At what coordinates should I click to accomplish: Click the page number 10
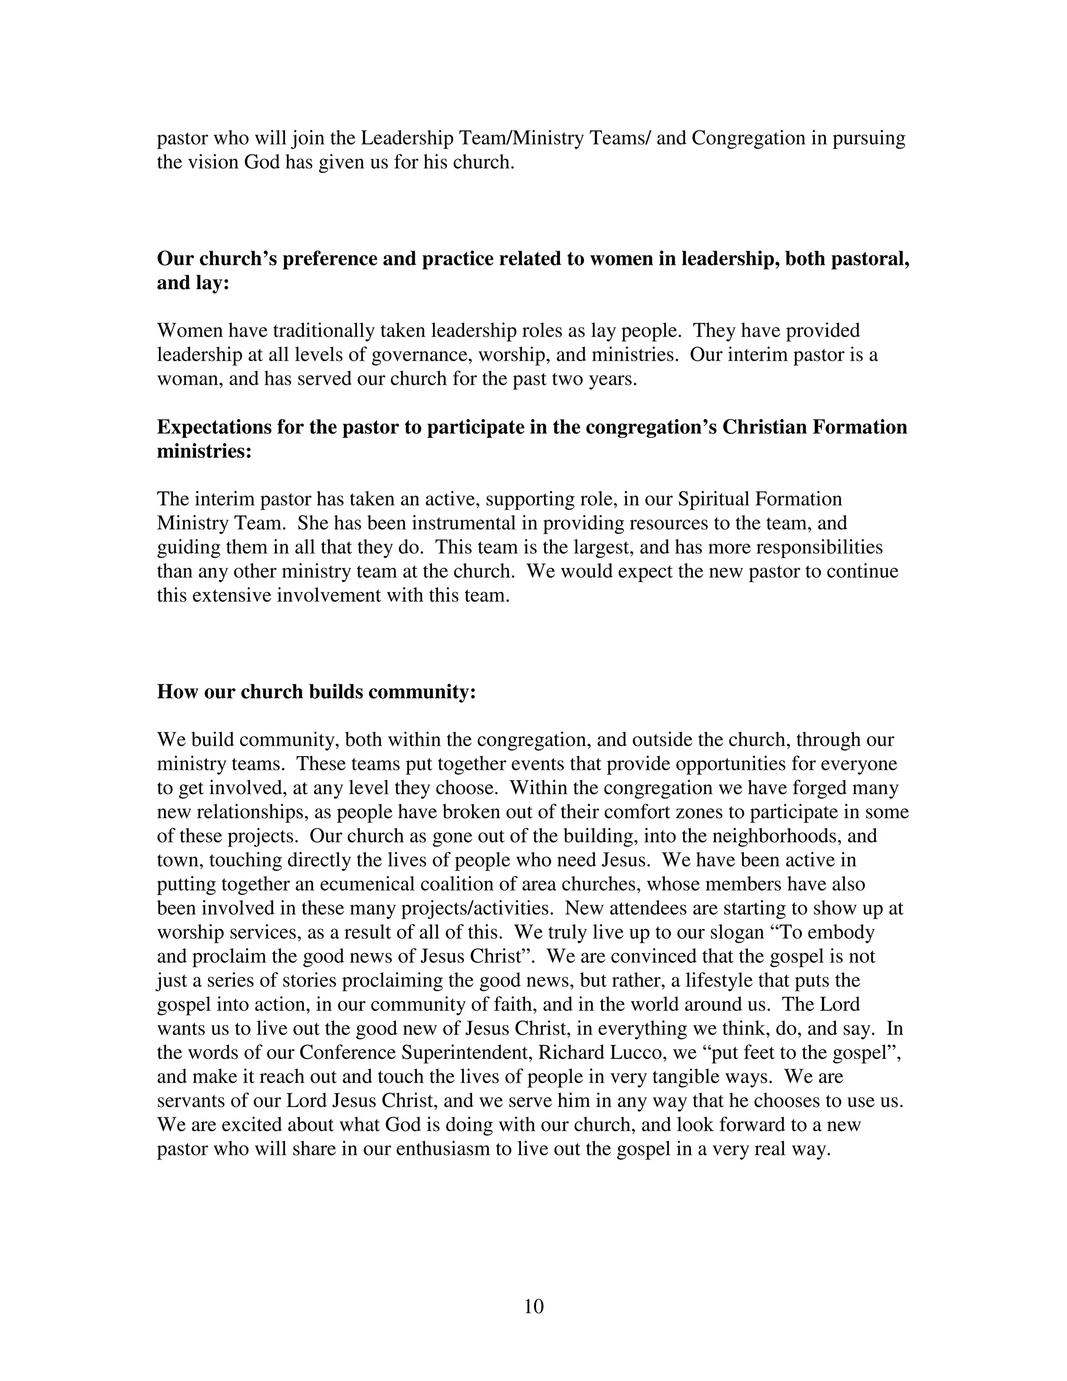point(533,1306)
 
